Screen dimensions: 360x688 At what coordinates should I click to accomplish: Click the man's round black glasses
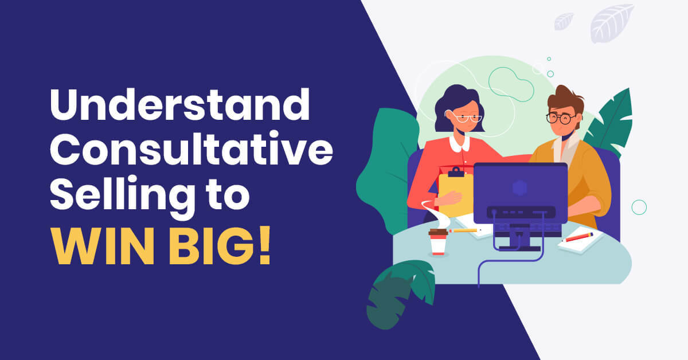click(560, 119)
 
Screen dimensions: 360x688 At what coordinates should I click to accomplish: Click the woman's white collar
click(460, 142)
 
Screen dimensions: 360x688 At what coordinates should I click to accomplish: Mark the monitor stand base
click(519, 248)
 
